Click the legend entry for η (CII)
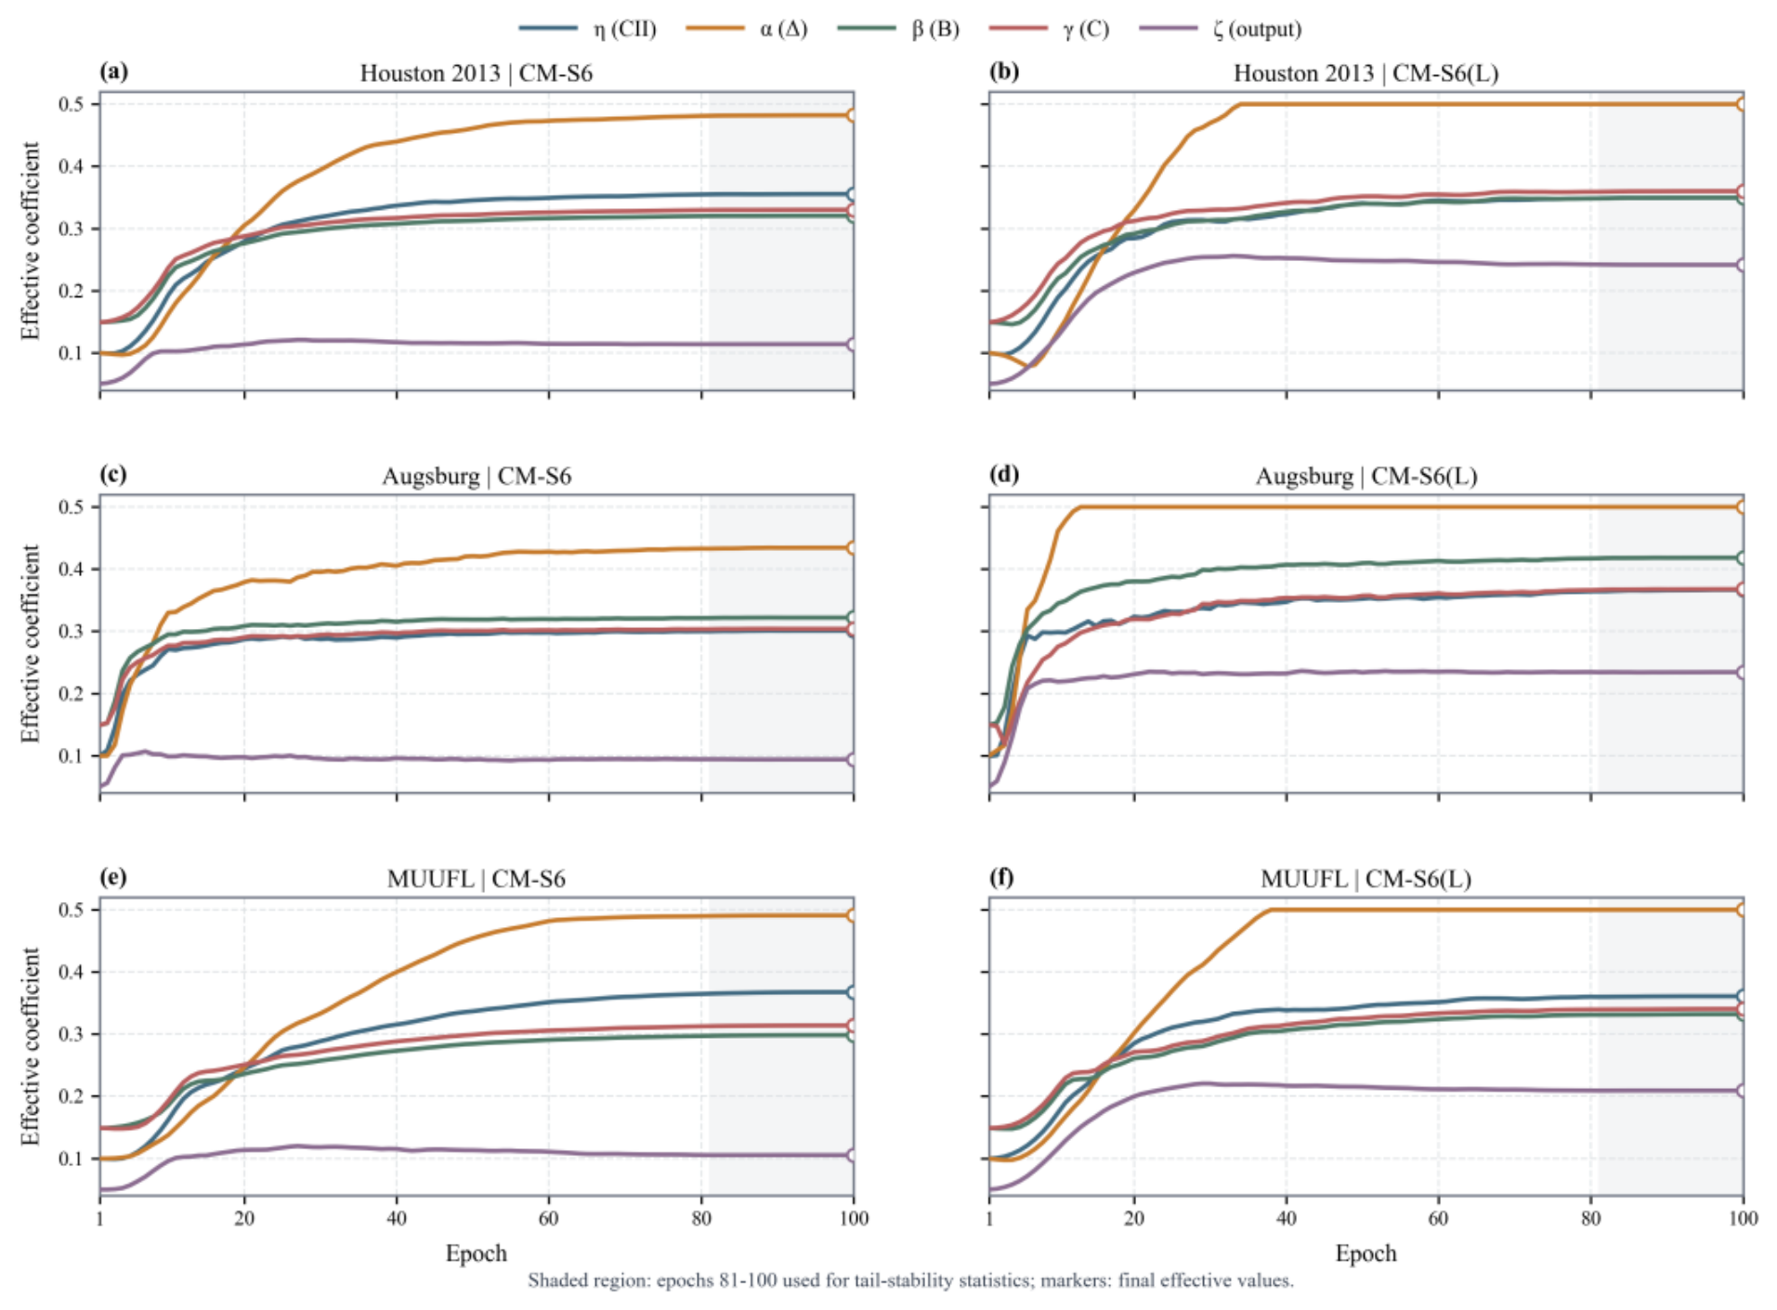[588, 29]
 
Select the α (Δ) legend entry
[747, 29]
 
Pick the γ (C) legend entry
[1050, 29]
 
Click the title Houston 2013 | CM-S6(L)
[1365, 73]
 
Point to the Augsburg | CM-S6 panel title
[477, 477]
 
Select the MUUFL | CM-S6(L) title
[1365, 879]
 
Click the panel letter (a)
[114, 72]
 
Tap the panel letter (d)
[1004, 475]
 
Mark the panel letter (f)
[1003, 878]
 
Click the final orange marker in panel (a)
[852, 115]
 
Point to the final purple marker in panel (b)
[1742, 265]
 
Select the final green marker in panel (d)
[1742, 557]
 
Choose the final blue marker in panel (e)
[852, 992]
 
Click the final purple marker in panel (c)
[852, 760]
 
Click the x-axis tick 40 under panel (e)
[397, 1218]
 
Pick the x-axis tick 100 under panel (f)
[1743, 1218]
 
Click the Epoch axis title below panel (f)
[1365, 1253]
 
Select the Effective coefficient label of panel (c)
[31, 644]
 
